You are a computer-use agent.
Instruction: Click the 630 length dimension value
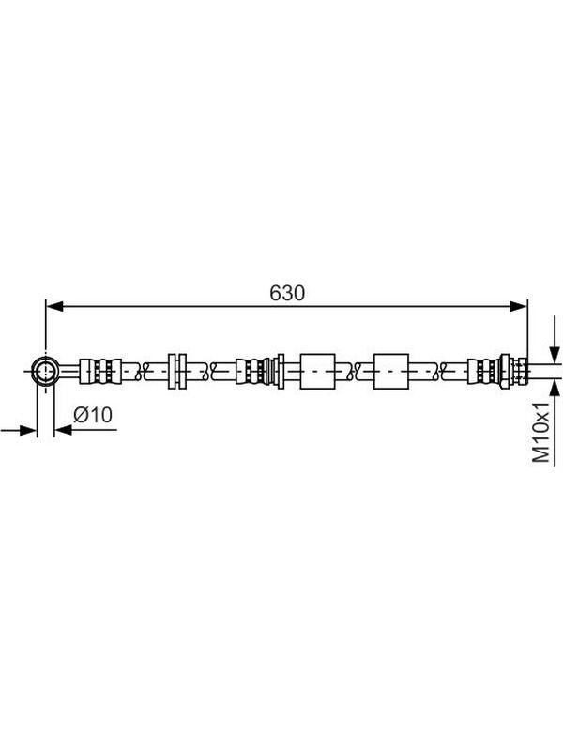[x=287, y=293]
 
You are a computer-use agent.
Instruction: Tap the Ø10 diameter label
[x=93, y=415]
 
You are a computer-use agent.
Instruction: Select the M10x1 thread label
[x=541, y=433]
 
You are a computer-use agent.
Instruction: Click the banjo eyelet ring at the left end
[x=45, y=371]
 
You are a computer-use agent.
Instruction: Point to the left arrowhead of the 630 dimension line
[x=54, y=307]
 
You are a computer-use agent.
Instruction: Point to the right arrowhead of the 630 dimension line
[x=518, y=307]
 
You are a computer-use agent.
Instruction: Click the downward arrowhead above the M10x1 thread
[x=555, y=355]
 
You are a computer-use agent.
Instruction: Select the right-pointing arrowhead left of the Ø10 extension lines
[x=28, y=430]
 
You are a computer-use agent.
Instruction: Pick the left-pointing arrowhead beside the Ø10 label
[x=63, y=430]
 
